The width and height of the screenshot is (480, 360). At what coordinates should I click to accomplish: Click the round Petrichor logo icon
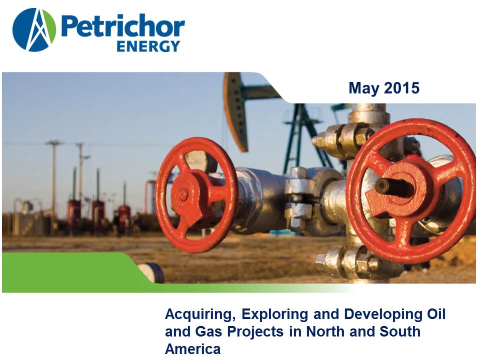pos(34,29)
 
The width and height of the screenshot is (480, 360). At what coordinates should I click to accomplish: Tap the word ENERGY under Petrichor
pos(148,46)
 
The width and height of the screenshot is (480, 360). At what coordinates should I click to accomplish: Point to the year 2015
pos(401,88)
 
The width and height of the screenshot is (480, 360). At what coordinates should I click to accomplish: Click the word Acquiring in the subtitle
pos(200,315)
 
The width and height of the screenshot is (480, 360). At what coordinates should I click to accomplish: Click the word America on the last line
pos(192,349)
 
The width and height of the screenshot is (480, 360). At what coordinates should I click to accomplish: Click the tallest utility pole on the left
pos(54,177)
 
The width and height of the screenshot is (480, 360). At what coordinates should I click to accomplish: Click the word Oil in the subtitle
pos(435,314)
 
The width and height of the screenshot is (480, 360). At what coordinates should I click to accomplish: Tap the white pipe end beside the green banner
pos(151,272)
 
